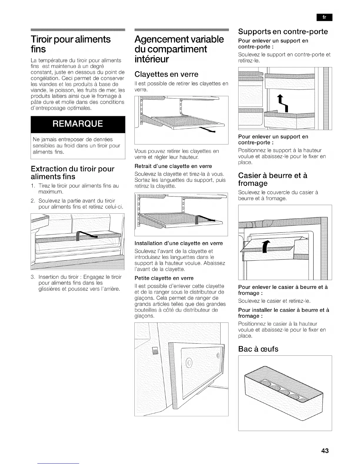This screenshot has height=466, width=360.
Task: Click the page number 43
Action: tap(325, 451)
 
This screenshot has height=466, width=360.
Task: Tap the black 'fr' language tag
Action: tap(324, 17)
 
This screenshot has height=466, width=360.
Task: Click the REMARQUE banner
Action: tap(78, 124)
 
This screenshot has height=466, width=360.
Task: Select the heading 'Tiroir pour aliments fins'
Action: tap(71, 44)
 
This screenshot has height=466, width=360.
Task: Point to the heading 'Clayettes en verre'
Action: tap(166, 74)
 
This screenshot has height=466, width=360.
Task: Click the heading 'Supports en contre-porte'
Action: tap(283, 31)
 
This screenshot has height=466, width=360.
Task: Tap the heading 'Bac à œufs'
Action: tap(258, 349)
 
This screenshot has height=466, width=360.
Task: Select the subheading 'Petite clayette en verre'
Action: tap(164, 278)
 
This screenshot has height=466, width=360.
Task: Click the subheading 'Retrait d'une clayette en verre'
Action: tap(173, 166)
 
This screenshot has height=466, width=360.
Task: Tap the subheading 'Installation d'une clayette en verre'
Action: tap(179, 243)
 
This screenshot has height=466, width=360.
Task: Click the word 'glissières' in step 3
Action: tap(51, 289)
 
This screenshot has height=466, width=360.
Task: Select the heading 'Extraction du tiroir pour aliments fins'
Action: tap(72, 173)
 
